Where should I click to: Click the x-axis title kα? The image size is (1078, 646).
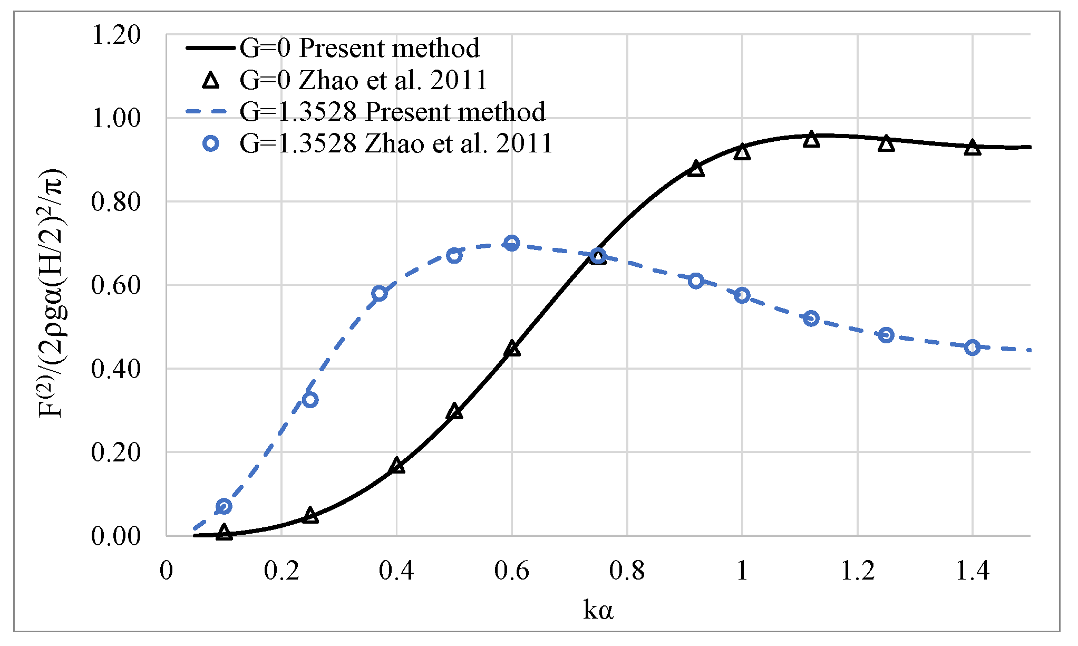pyautogui.click(x=598, y=611)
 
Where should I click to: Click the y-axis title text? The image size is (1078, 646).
pyautogui.click(x=52, y=293)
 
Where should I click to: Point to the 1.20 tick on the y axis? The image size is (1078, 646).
pyautogui.click(x=116, y=35)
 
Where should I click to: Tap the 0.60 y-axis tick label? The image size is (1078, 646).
pyautogui.click(x=116, y=285)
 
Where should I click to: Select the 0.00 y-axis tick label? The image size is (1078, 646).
pyautogui.click(x=116, y=536)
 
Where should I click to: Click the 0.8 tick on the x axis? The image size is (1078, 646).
pyautogui.click(x=627, y=571)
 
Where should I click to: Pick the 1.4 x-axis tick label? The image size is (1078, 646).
pyautogui.click(x=973, y=571)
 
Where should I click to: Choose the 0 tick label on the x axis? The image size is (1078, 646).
pyautogui.click(x=166, y=571)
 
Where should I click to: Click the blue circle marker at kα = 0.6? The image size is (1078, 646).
pyautogui.click(x=511, y=243)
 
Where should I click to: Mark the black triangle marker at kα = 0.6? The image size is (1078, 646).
pyautogui.click(x=512, y=349)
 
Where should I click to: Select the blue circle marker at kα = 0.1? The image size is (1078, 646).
pyautogui.click(x=224, y=506)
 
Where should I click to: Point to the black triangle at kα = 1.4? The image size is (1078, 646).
pyautogui.click(x=973, y=148)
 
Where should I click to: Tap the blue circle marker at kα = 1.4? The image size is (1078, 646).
pyautogui.click(x=973, y=348)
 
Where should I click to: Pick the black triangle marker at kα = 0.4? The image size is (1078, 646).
pyautogui.click(x=396, y=466)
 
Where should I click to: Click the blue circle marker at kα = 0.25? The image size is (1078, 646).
pyautogui.click(x=310, y=400)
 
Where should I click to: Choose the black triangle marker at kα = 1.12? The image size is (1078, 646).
pyautogui.click(x=811, y=140)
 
